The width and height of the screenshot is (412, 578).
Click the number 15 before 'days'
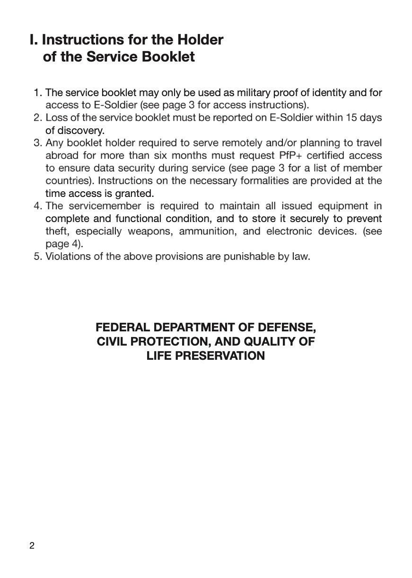[352, 117]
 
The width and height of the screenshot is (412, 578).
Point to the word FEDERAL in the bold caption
[121, 327]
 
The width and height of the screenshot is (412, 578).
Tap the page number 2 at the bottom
[32, 546]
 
